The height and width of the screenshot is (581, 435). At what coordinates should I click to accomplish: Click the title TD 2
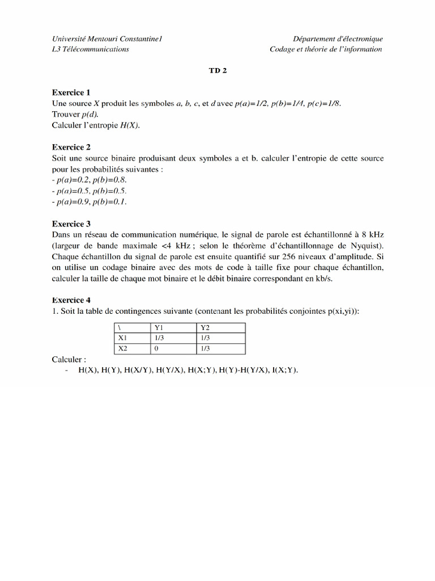(x=217, y=71)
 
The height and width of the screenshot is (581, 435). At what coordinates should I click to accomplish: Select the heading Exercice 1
(x=71, y=92)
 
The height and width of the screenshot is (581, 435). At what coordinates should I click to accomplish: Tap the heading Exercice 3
(x=71, y=224)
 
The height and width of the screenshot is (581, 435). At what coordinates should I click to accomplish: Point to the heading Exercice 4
(x=71, y=300)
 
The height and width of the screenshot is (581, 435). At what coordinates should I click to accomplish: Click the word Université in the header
(x=69, y=39)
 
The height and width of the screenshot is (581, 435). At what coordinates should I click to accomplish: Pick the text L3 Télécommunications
(x=90, y=49)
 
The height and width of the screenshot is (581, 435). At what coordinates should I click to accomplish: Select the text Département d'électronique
(x=338, y=39)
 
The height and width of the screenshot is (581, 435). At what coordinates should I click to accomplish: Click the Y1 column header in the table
(x=159, y=327)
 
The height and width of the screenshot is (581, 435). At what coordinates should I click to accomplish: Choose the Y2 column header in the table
(x=206, y=327)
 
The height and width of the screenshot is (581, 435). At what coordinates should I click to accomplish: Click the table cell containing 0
(x=156, y=348)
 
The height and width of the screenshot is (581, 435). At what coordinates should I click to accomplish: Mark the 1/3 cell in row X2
(x=206, y=348)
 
